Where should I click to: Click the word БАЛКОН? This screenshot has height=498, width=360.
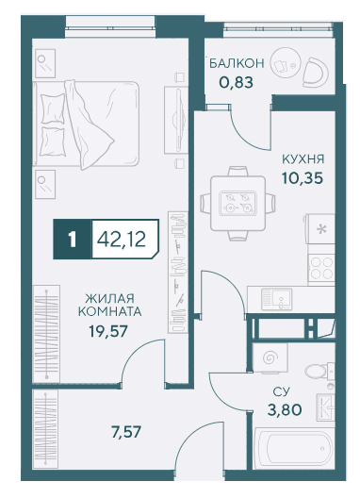pyautogui.click(x=237, y=63)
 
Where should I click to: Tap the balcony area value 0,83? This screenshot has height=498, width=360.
pyautogui.click(x=237, y=83)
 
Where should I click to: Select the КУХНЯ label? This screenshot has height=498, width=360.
pyautogui.click(x=303, y=159)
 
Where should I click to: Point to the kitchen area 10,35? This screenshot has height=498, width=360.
pyautogui.click(x=303, y=178)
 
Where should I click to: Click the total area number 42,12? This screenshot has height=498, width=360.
pyautogui.click(x=122, y=239)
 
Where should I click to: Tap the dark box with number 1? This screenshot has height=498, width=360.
pyautogui.click(x=73, y=240)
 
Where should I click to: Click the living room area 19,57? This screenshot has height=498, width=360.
pyautogui.click(x=108, y=331)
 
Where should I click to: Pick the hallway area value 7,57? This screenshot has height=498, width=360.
pyautogui.click(x=126, y=432)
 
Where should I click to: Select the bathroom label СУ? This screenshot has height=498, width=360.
pyautogui.click(x=282, y=391)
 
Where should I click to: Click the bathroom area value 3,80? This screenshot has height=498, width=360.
pyautogui.click(x=285, y=410)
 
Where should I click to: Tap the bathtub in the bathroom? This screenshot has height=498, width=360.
pyautogui.click(x=294, y=448)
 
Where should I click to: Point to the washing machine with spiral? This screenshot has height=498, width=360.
pyautogui.click(x=270, y=357)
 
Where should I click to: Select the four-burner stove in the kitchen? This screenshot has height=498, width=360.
pyautogui.click(x=321, y=268)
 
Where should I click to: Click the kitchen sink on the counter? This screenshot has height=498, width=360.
pyautogui.click(x=276, y=299)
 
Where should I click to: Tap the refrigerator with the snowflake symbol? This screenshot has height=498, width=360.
pyautogui.click(x=320, y=228)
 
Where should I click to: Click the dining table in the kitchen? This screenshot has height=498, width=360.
pyautogui.click(x=237, y=204)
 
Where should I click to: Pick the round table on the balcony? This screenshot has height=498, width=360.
pyautogui.click(x=286, y=63)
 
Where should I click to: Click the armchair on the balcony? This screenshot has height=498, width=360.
pyautogui.click(x=315, y=73)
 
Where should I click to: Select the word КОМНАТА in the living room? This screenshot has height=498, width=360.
pyautogui.click(x=110, y=311)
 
